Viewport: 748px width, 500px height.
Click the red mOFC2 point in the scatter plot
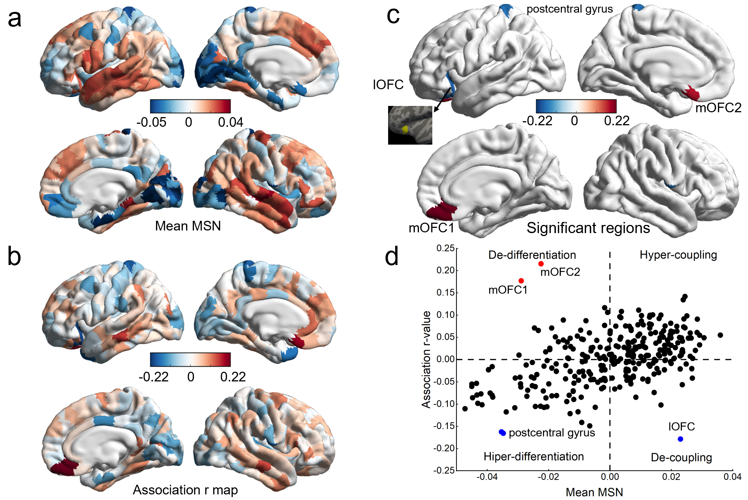point(541,264)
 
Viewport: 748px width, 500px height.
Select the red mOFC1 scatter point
point(521,281)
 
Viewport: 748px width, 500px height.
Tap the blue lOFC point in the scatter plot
point(680,439)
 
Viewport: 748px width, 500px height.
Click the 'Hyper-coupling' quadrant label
point(678,255)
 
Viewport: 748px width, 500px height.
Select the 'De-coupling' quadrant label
point(681,457)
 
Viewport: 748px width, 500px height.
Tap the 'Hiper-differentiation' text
point(533,457)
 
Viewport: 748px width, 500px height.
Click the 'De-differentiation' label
point(532,255)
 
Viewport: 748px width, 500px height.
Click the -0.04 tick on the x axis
point(487,477)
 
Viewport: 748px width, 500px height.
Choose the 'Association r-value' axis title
point(426,359)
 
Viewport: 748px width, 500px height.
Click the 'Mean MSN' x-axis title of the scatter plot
point(594,492)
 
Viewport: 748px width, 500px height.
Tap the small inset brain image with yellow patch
point(410,125)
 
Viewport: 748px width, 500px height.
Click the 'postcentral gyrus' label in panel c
point(569,9)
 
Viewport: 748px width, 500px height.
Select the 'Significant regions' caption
point(588,228)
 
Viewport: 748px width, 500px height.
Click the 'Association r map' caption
point(185,490)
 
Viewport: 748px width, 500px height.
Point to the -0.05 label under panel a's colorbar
point(151,122)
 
